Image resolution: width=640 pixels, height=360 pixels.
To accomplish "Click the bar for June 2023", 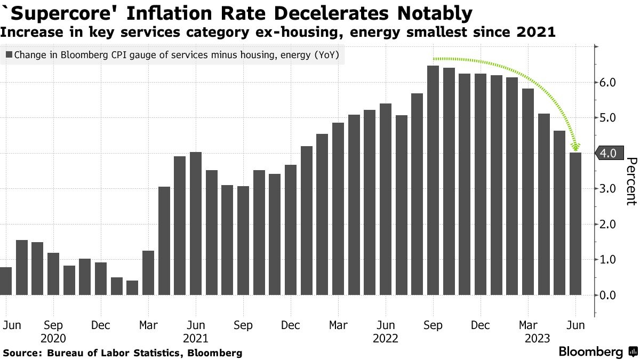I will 575,224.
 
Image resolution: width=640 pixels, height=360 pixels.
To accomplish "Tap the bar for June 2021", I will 196,223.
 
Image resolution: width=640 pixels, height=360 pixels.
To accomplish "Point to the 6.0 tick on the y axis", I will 608,83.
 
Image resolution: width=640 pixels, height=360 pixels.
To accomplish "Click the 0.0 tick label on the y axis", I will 608,295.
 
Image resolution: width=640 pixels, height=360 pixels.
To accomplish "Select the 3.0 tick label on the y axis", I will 608,189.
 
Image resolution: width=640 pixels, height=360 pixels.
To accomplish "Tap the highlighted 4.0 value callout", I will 607,153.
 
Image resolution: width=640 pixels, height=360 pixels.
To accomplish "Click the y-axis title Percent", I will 631,181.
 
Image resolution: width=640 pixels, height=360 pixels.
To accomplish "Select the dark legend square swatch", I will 9,54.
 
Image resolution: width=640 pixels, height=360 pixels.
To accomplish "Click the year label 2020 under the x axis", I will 53,338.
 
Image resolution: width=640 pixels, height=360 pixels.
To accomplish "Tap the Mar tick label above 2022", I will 338,325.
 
